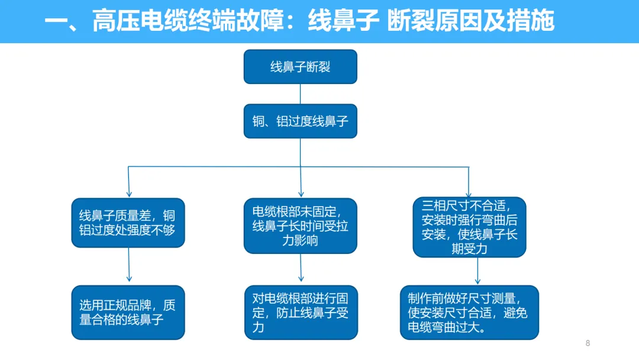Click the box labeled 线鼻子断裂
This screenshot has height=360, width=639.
(x=301, y=67)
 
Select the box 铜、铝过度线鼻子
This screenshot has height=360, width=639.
(x=301, y=121)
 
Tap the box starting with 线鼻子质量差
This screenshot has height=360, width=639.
(x=128, y=223)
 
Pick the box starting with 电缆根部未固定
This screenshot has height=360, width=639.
(x=301, y=226)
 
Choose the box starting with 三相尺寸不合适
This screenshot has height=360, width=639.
(x=469, y=227)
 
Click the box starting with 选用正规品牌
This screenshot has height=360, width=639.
(x=128, y=312)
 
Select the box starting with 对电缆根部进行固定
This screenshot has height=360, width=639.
(x=301, y=312)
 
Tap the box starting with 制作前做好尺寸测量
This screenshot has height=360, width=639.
(x=469, y=312)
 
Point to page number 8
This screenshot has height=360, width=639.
(x=588, y=343)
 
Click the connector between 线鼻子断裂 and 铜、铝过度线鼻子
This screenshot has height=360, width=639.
(x=301, y=94)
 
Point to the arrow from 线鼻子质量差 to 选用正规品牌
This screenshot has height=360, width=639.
(x=129, y=265)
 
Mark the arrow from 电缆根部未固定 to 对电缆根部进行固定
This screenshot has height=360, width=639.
(x=301, y=268)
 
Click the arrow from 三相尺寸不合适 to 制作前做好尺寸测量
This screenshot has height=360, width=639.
(x=477, y=271)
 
